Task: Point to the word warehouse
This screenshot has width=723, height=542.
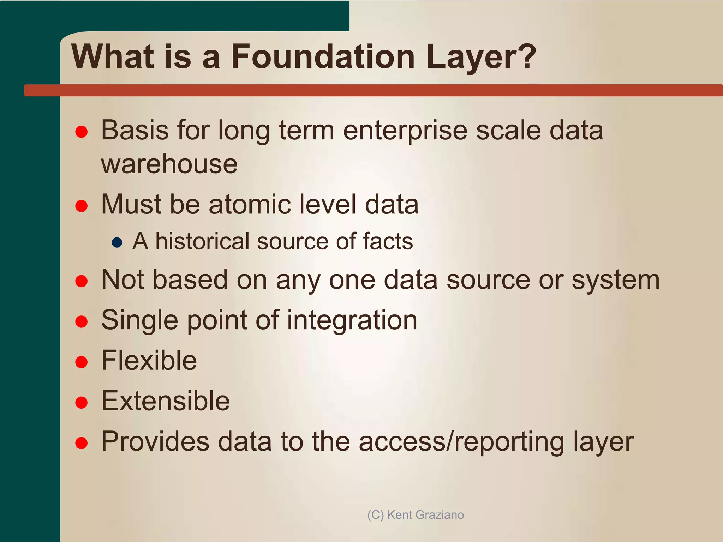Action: point(169,164)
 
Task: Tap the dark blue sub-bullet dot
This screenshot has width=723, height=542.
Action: point(117,242)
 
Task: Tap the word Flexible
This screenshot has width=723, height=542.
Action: point(149,361)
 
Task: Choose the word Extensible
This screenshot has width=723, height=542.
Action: point(166,401)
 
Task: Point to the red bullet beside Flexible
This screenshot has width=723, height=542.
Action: point(82,362)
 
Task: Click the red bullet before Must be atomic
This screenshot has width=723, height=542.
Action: point(82,206)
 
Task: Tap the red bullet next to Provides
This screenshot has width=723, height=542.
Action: point(82,442)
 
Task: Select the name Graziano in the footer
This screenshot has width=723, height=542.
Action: point(439,515)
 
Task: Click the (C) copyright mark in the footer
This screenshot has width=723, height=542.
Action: point(375,515)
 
